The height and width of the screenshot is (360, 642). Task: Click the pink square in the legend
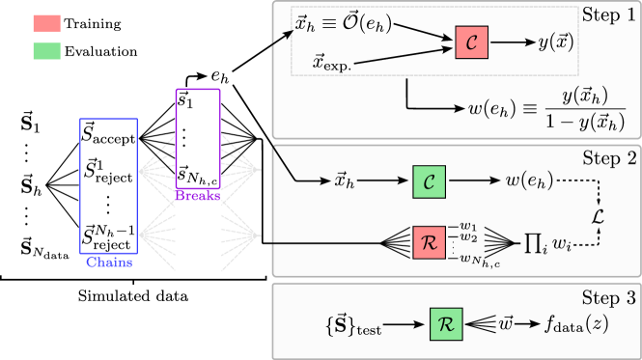[46, 23]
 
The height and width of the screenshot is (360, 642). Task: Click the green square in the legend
[46, 50]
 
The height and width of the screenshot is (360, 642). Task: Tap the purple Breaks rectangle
[198, 139]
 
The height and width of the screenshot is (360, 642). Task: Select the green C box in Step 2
[430, 180]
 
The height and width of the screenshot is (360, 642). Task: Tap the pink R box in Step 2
[430, 241]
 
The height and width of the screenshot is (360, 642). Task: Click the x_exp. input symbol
[333, 63]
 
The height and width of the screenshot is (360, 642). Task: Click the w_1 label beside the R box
[468, 228]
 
